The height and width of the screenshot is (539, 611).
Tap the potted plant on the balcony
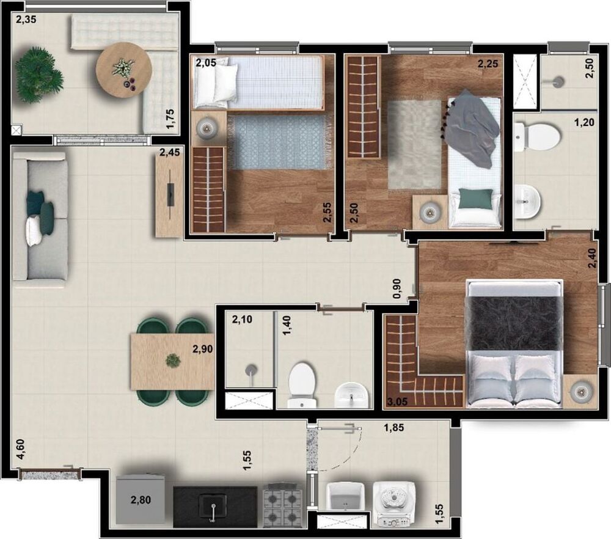coord(38,75)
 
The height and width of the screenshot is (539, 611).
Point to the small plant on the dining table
coord(174,361)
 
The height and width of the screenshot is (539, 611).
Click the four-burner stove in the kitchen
coord(284,505)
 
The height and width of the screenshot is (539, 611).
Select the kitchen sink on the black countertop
coord(213,507)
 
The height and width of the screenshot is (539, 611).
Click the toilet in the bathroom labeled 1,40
coord(301,384)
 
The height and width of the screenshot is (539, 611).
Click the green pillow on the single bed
coord(475,198)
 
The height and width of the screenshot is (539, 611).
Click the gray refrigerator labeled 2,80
coord(140,499)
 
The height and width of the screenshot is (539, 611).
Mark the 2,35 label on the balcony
coord(26,20)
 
